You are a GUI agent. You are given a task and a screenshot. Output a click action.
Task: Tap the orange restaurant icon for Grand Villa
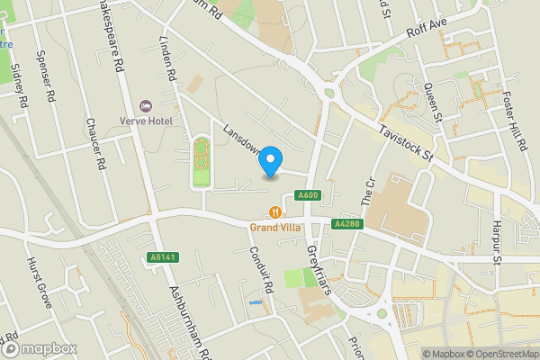(x=274, y=212)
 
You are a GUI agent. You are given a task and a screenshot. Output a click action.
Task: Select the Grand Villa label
(x=274, y=228)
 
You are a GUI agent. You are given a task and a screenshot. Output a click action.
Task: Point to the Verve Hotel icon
(x=147, y=106)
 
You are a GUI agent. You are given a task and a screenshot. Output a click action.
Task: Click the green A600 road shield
(x=307, y=196)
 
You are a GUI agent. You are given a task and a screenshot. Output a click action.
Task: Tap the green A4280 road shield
(x=346, y=223)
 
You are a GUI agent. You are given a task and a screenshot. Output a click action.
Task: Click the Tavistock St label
(x=406, y=144)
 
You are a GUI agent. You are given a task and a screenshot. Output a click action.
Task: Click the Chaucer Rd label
(x=94, y=145)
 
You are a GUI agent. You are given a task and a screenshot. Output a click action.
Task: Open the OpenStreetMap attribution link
(x=494, y=354)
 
